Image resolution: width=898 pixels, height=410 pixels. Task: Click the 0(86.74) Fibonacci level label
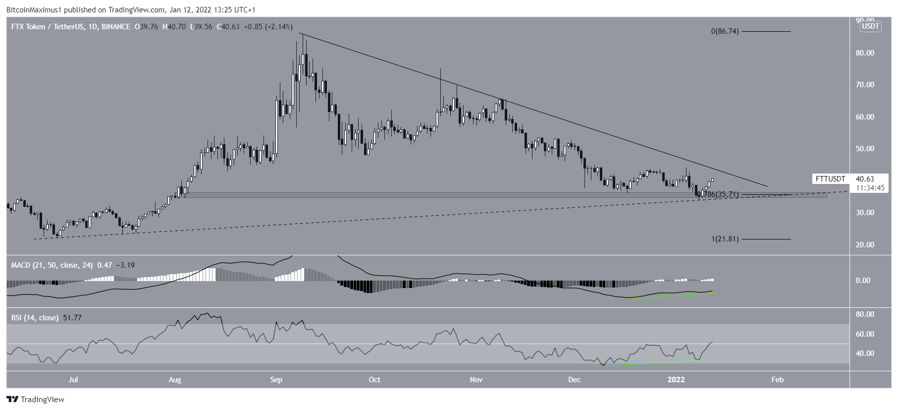click(725, 31)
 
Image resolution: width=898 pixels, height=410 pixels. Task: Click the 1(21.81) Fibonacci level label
click(725, 239)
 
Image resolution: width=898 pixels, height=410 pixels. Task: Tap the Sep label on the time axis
click(276, 380)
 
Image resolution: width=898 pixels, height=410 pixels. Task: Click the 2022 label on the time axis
click(676, 380)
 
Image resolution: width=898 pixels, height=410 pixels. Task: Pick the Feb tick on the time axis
click(777, 380)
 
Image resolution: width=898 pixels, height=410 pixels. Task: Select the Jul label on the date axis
click(73, 380)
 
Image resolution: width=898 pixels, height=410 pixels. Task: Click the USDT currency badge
click(871, 27)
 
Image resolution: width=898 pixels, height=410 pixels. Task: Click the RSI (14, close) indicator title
click(35, 318)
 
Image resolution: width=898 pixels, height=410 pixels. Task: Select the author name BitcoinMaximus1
click(31, 10)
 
